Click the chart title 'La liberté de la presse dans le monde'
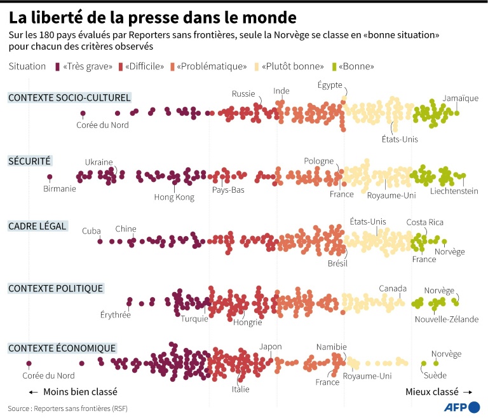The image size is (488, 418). pyautogui.click(x=152, y=15)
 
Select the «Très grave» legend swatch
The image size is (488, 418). pyautogui.click(x=58, y=66)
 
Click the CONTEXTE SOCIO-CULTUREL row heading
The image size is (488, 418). pyautogui.click(x=69, y=97)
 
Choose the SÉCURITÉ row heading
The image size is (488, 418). pyautogui.click(x=29, y=161)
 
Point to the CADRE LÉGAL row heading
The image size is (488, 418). pyautogui.click(x=37, y=226)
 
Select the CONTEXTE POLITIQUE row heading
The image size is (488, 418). pyautogui.click(x=55, y=288)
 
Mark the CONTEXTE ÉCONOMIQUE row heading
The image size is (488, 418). pyautogui.click(x=62, y=348)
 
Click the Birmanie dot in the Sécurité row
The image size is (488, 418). pyautogui.click(x=50, y=177)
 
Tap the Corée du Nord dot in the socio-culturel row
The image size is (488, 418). pyautogui.click(x=83, y=114)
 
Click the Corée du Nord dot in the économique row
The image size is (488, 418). pyautogui.click(x=29, y=364)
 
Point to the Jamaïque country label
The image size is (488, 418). pyautogui.click(x=461, y=98)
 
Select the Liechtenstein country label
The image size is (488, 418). pyautogui.click(x=454, y=191)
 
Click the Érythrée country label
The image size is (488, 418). pyautogui.click(x=115, y=314)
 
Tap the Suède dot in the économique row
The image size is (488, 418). pyautogui.click(x=423, y=364)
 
